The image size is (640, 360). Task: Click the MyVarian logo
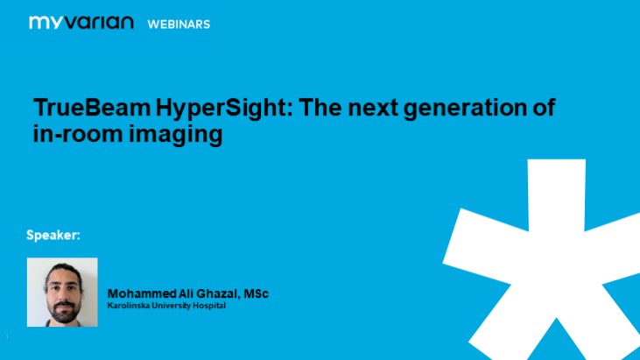click(81, 23)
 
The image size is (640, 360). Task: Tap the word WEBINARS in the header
click(179, 25)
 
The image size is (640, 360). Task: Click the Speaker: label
click(53, 236)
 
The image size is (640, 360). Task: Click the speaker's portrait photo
click(62, 292)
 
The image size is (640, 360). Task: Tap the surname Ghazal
click(215, 293)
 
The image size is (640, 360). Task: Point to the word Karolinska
click(129, 305)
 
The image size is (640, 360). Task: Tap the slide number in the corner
click(7, 338)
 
